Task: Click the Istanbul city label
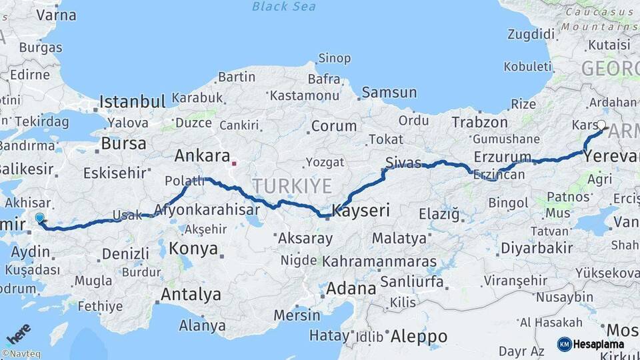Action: pyautogui.click(x=132, y=102)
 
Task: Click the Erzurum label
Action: pyautogui.click(x=503, y=157)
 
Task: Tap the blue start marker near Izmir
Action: pyautogui.click(x=39, y=217)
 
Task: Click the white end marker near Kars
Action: pyautogui.click(x=602, y=125)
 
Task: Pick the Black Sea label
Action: pyautogui.click(x=285, y=7)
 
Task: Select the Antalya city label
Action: pyautogui.click(x=191, y=294)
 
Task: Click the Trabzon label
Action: pyautogui.click(x=479, y=122)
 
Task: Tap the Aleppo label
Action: pyautogui.click(x=419, y=335)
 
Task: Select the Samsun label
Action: pyautogui.click(x=389, y=93)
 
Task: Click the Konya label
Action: pyautogui.click(x=193, y=249)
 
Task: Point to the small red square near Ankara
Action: pyautogui.click(x=233, y=163)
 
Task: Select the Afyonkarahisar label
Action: pyautogui.click(x=207, y=209)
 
